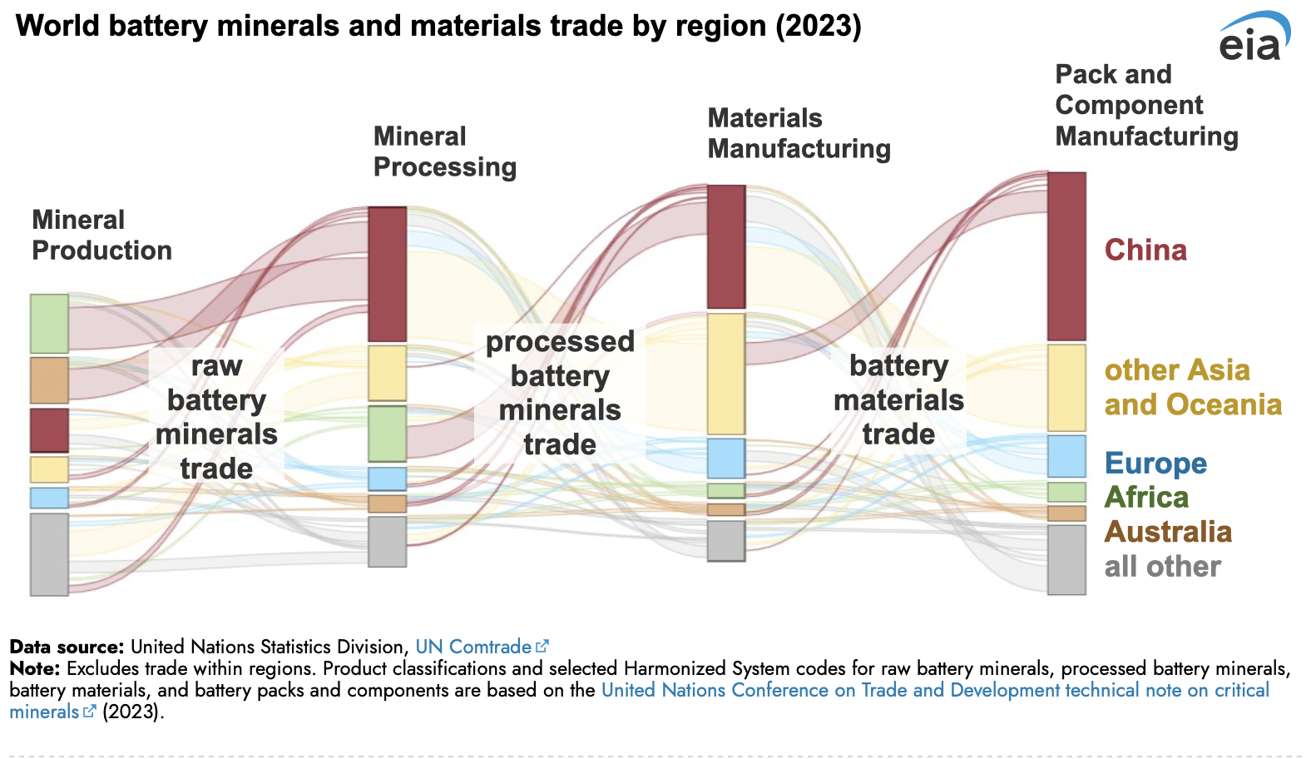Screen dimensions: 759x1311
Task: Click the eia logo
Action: click(x=1254, y=38)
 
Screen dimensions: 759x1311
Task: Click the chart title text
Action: click(x=438, y=26)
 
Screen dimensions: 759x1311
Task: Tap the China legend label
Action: click(x=1145, y=250)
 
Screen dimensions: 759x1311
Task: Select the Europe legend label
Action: click(x=1155, y=463)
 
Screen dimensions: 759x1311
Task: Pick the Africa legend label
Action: click(x=1146, y=497)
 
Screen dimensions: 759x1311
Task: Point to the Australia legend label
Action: click(x=1168, y=532)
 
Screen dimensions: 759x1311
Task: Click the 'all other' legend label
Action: click(x=1162, y=567)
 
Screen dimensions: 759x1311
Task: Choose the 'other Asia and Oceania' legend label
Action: click(x=1193, y=387)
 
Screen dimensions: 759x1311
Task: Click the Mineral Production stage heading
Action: click(x=101, y=235)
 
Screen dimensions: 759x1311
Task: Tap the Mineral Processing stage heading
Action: click(x=444, y=151)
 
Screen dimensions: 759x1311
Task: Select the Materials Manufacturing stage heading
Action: click(x=799, y=133)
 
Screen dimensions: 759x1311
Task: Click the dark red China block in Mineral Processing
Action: click(x=388, y=274)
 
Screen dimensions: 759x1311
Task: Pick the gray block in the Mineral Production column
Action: click(x=49, y=554)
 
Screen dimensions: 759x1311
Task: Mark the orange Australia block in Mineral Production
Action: click(x=49, y=380)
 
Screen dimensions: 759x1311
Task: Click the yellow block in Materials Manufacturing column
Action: click(x=726, y=374)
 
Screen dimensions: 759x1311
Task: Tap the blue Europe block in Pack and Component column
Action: click(x=1066, y=456)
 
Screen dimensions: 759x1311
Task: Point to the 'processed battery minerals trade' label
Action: click(x=560, y=393)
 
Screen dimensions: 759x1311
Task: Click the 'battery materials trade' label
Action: click(x=898, y=399)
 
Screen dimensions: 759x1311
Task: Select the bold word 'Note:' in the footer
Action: click(x=35, y=668)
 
